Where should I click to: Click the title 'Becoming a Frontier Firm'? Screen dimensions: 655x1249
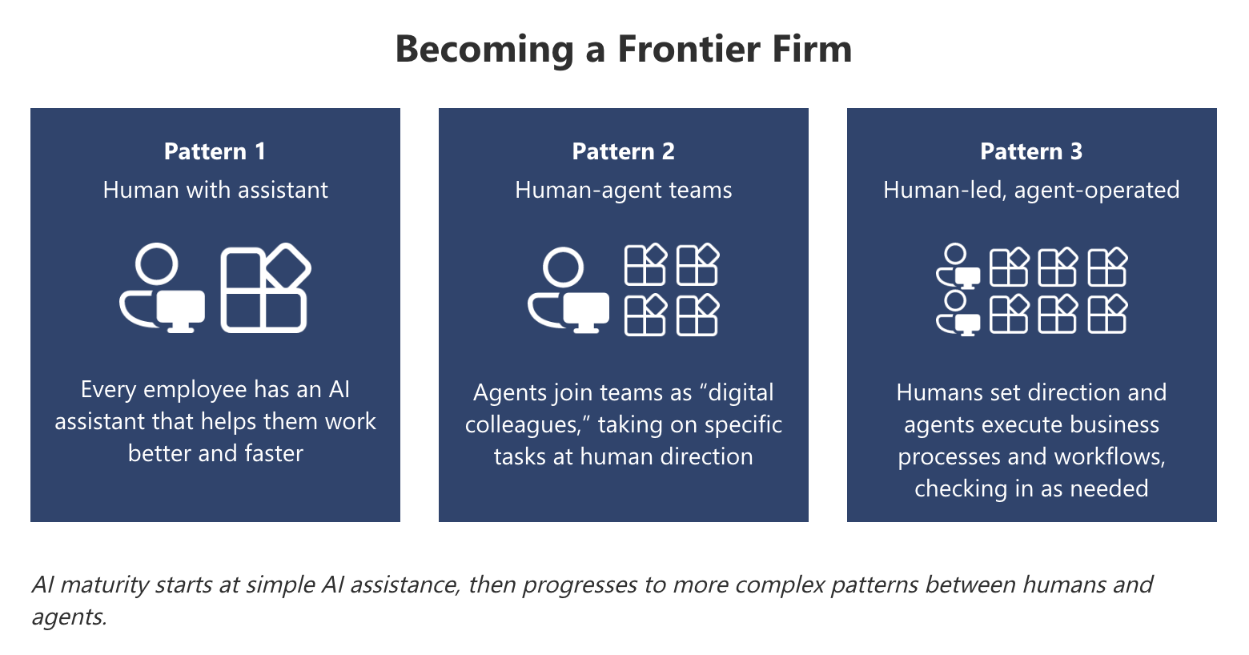(x=623, y=49)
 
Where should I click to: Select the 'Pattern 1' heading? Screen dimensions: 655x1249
(x=215, y=151)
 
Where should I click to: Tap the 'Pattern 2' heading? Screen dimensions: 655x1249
(x=623, y=151)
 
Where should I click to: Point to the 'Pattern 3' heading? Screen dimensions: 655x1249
(x=1031, y=151)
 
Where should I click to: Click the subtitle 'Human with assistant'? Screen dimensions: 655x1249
(x=215, y=190)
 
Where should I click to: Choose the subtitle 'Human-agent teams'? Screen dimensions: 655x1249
(x=623, y=190)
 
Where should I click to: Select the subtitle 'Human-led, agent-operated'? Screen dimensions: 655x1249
(x=1031, y=190)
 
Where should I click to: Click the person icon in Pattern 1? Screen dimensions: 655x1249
(x=161, y=288)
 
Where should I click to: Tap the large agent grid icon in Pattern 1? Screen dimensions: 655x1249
(x=265, y=289)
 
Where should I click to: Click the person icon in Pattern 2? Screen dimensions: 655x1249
(x=568, y=290)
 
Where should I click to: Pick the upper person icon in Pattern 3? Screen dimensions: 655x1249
(x=958, y=267)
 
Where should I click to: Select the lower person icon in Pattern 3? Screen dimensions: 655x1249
(x=958, y=313)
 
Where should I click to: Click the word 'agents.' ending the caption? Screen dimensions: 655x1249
(x=69, y=617)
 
